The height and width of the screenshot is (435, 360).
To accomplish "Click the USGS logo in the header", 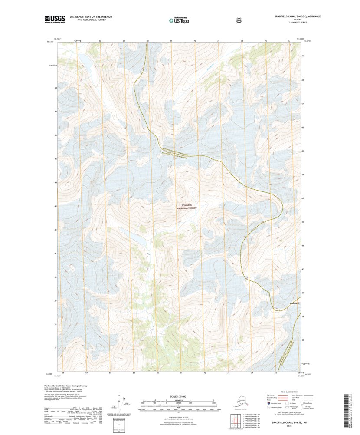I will tap(55, 19).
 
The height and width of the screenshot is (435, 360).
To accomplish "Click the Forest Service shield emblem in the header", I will tap(238, 20).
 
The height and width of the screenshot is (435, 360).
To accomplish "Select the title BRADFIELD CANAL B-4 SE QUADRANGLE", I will tap(297, 16).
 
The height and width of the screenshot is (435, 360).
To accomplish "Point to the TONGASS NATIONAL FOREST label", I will tap(186, 207).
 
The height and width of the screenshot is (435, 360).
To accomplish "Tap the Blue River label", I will tap(211, 66).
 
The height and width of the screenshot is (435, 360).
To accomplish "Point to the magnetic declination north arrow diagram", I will tap(122, 402).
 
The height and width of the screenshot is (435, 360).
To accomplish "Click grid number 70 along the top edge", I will tap(147, 41).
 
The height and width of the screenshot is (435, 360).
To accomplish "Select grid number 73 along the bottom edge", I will tap(228, 373).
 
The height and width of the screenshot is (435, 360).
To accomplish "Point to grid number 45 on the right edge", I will tap(303, 151).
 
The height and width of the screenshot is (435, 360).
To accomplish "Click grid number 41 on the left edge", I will tap(56, 253).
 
